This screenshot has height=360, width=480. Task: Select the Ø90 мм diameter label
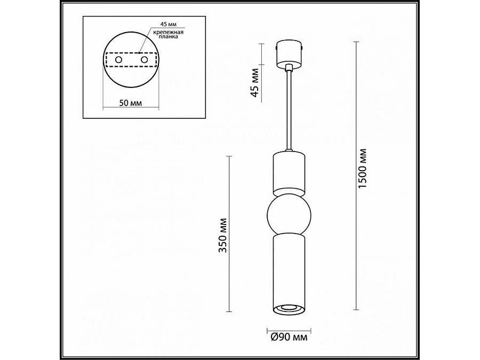tap(289, 337)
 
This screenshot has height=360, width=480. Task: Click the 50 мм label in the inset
tap(130, 102)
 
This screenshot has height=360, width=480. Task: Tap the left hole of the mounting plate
tap(118, 61)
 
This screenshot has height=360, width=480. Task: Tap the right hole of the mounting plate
tap(143, 61)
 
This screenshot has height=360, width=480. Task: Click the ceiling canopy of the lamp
tap(289, 54)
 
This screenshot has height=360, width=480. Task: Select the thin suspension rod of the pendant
tap(289, 112)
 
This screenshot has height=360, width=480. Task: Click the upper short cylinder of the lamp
tap(289, 172)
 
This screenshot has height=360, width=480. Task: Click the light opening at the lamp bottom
tap(289, 308)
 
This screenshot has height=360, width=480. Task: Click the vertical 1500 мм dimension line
tap(356, 176)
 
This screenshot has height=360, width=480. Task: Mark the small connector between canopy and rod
tap(289, 68)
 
